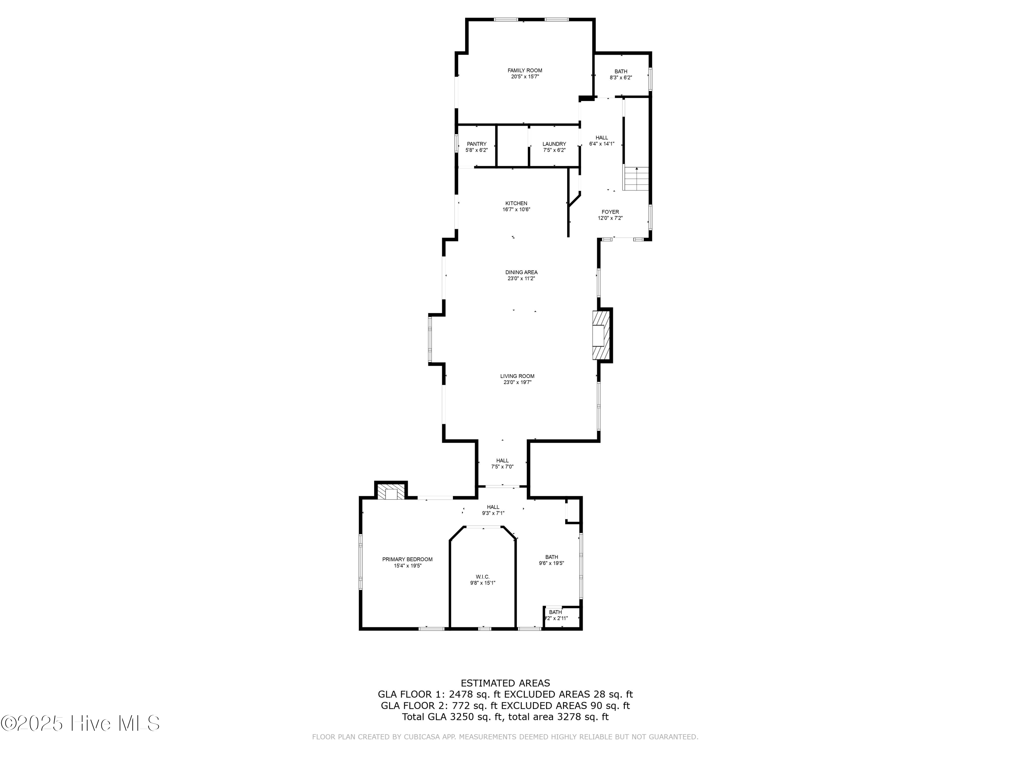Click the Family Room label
[525, 70]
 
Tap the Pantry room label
[477, 144]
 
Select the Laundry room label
[554, 144]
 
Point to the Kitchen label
[516, 203]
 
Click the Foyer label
[610, 212]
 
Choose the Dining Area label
[521, 272]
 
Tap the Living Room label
[517, 376]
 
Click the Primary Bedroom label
[407, 559]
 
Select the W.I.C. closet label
[483, 577]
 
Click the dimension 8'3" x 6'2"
[621, 78]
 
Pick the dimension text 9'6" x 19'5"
[551, 563]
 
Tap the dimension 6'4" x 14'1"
[602, 144]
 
